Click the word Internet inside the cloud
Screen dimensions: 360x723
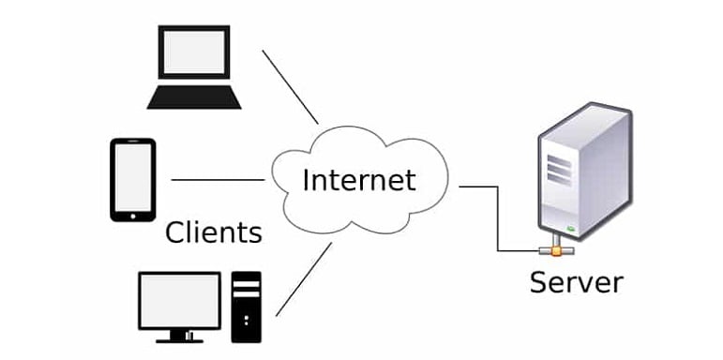click(358, 178)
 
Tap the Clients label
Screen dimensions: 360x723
click(213, 231)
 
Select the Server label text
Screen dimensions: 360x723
click(576, 281)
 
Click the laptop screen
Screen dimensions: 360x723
click(195, 54)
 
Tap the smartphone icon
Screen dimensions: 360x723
click(132, 179)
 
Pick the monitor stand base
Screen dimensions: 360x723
click(179, 337)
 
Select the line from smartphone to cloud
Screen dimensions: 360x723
click(218, 179)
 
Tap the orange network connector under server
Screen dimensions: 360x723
click(556, 249)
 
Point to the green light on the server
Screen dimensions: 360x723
click(569, 226)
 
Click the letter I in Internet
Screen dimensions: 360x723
click(305, 177)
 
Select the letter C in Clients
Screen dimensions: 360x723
click(175, 231)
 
